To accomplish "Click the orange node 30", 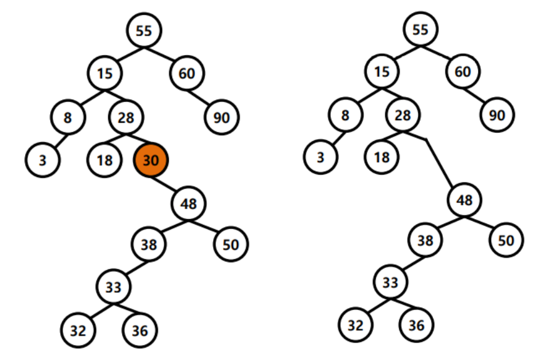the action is tap(151, 160).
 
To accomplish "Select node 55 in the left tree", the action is tap(144, 29).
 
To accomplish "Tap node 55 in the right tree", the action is tap(420, 29).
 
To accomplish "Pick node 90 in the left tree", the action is tap(222, 116).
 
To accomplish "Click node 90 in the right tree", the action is tap(498, 115).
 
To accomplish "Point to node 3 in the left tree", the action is tap(42, 160).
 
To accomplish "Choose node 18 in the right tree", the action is tap(381, 157).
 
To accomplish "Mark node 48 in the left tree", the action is tap(189, 203).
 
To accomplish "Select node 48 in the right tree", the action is tap(464, 200).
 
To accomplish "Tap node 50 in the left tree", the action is tap(231, 244).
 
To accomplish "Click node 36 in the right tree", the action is tap(416, 326).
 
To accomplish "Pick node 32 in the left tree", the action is tap(78, 329).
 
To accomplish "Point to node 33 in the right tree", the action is tap(390, 283).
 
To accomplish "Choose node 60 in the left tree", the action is tap(187, 73).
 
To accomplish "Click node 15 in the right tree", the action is tap(382, 72).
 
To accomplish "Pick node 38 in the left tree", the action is tap(149, 244).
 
